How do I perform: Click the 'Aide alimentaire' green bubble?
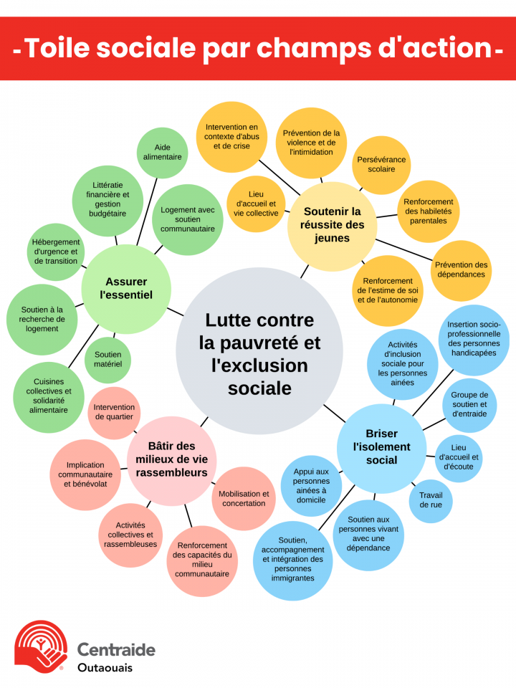(162, 152)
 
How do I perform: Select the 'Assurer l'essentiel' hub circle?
(126, 288)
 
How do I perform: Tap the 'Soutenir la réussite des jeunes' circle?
(333, 225)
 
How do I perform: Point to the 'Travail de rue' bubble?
(431, 500)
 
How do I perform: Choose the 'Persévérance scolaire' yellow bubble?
(381, 165)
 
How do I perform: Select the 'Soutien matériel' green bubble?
(108, 359)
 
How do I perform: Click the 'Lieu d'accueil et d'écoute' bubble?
(459, 457)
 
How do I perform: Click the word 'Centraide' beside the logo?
(116, 650)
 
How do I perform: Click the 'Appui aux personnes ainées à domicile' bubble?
(311, 481)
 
